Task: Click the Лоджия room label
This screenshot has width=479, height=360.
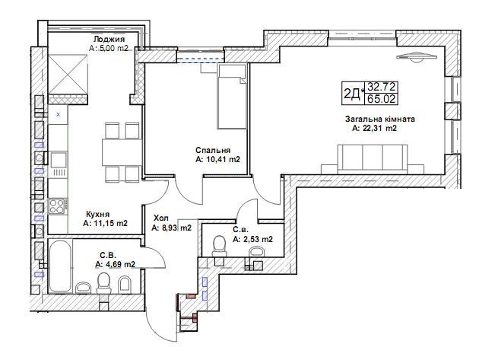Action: pyautogui.click(x=109, y=39)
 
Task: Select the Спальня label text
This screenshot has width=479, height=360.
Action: pyautogui.click(x=213, y=150)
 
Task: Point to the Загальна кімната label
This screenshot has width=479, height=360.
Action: pyautogui.click(x=380, y=119)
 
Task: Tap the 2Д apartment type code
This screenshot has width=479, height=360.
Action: pyautogui.click(x=352, y=94)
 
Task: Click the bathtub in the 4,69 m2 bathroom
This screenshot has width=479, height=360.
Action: pyautogui.click(x=60, y=265)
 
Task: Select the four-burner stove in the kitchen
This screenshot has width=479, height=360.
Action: pyautogui.click(x=57, y=205)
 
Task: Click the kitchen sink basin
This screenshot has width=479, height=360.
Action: pyautogui.click(x=59, y=160)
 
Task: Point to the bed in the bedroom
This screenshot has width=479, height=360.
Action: pyautogui.click(x=232, y=97)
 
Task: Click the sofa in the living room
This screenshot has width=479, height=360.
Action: pyautogui.click(x=373, y=159)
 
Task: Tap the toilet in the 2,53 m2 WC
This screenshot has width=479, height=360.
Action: pyautogui.click(x=219, y=245)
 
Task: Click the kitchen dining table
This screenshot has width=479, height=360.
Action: pyautogui.click(x=122, y=152)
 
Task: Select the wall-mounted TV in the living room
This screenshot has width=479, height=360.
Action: pyautogui.click(x=416, y=57)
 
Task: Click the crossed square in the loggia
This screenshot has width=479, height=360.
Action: pyautogui.click(x=68, y=75)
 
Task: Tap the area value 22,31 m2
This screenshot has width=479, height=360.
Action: pyautogui.click(x=375, y=129)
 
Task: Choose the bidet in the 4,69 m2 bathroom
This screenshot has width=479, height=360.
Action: pyautogui.click(x=124, y=285)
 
